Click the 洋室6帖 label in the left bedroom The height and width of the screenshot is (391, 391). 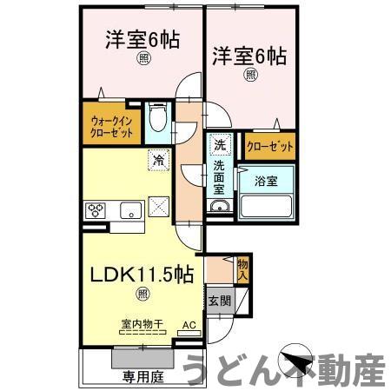(x=143, y=39)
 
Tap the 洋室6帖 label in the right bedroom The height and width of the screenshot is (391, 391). (x=249, y=56)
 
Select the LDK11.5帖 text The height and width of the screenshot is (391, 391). (x=142, y=274)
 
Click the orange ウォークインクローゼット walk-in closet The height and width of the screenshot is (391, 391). (x=112, y=128)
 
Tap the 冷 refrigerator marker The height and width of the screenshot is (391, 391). (x=158, y=160)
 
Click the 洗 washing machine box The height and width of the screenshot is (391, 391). (x=220, y=144)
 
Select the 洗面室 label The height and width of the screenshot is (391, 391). (x=220, y=176)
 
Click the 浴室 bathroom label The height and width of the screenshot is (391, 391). (x=266, y=182)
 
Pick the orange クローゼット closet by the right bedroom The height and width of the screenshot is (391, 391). (x=268, y=146)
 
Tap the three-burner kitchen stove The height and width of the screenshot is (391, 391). (x=97, y=209)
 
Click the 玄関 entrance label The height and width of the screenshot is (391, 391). (x=218, y=302)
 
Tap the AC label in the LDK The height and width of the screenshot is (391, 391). (x=188, y=327)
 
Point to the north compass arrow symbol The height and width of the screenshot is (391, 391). (x=295, y=361)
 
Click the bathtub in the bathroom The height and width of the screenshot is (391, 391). (x=266, y=207)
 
